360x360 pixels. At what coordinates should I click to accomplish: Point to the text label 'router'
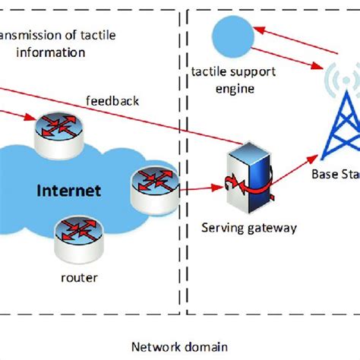coord(79,277)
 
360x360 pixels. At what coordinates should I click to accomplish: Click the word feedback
coord(112,100)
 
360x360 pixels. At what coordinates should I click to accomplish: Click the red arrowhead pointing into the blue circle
coord(259,30)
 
